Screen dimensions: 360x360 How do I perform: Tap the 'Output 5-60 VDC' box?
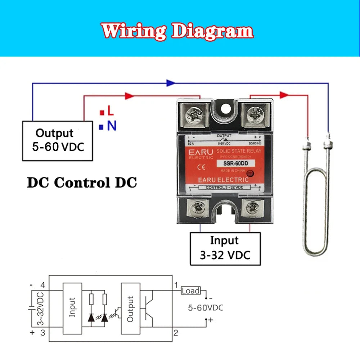click(57, 140)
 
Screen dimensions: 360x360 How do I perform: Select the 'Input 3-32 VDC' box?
click(225, 248)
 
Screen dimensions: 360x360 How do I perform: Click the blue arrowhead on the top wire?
click(171, 83)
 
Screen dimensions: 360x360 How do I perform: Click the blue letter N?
click(112, 126)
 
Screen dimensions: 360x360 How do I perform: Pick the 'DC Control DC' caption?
click(82, 183)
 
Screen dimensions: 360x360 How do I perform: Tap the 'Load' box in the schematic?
click(190, 291)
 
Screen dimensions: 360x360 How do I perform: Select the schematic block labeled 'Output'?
click(130, 309)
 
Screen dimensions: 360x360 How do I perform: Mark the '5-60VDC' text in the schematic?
click(206, 308)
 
